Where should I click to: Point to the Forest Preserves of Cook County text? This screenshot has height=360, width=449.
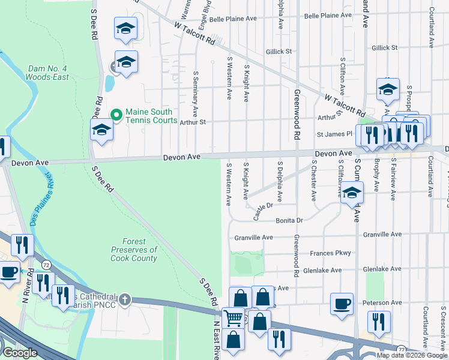[x=134, y=250]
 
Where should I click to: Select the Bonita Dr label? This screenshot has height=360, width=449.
[x=289, y=221]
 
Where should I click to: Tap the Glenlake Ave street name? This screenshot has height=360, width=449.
[x=322, y=271]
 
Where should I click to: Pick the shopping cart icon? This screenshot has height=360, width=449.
[x=233, y=317]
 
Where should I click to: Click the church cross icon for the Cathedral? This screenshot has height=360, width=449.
[x=125, y=298]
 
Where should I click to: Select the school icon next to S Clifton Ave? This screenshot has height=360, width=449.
[x=352, y=193]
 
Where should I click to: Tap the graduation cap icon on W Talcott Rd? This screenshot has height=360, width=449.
[x=388, y=89]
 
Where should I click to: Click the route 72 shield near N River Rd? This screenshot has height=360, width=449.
[x=46, y=265]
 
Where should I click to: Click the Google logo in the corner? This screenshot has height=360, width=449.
[x=20, y=353]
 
